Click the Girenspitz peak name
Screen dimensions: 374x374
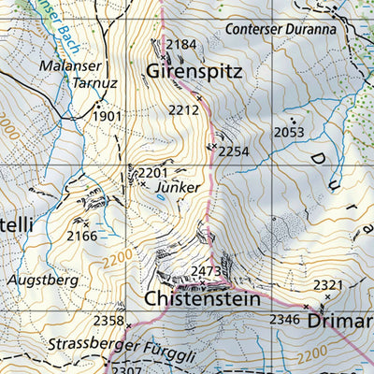click(x=194, y=70)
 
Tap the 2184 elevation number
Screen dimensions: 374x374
click(x=181, y=45)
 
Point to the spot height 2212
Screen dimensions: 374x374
click(x=184, y=110)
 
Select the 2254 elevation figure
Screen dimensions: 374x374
click(x=235, y=151)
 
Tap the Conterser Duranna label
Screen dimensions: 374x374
click(x=280, y=28)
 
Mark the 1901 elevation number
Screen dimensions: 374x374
click(x=108, y=116)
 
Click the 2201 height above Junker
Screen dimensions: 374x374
click(x=152, y=173)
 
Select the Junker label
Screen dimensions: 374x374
click(x=179, y=187)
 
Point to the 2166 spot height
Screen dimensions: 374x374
click(x=82, y=236)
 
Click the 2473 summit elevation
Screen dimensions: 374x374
click(x=206, y=272)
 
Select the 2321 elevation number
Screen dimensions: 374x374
click(x=328, y=284)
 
